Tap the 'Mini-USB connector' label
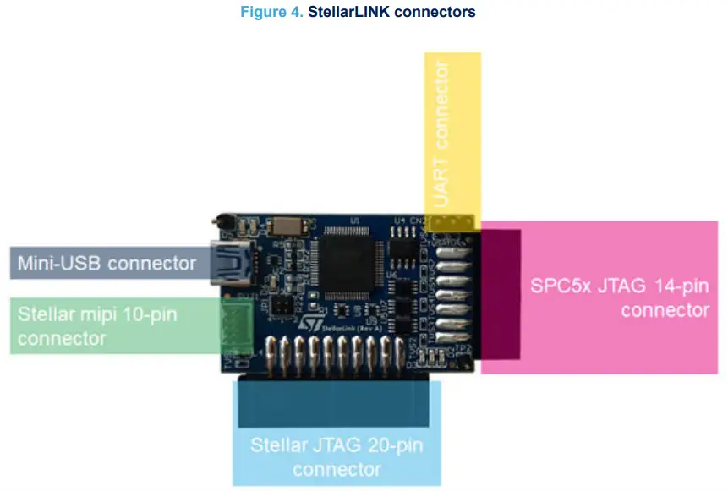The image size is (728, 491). [x=107, y=263]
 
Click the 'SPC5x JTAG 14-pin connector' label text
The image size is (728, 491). [x=620, y=297]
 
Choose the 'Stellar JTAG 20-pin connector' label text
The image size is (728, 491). [x=337, y=456]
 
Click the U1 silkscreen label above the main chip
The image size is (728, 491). [x=355, y=220]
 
